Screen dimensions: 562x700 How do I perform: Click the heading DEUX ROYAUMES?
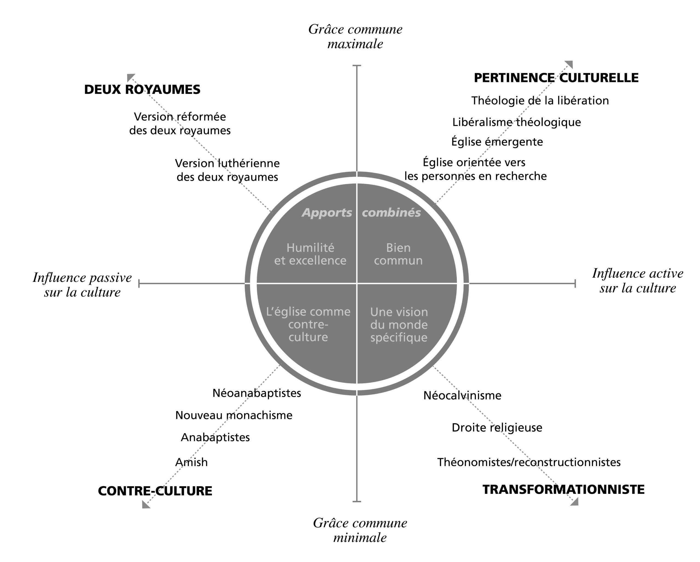click(142, 90)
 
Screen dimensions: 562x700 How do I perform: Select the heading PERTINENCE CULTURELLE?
click(556, 78)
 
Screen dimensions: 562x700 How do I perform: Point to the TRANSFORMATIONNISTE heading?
click(563, 490)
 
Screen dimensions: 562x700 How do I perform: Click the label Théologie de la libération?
click(540, 101)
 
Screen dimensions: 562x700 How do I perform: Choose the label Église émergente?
click(497, 142)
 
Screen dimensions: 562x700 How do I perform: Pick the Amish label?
click(191, 462)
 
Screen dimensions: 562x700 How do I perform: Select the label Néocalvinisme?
click(462, 396)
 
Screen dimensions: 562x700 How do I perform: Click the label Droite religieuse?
click(497, 428)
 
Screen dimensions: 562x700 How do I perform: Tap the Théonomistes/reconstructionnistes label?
click(529, 462)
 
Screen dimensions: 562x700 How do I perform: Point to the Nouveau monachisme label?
click(234, 415)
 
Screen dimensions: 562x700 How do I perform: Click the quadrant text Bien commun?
click(398, 254)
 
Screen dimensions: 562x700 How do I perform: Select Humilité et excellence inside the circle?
click(310, 254)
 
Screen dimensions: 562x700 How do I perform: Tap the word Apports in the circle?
click(327, 213)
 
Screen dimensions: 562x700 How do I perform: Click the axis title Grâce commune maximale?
click(355, 36)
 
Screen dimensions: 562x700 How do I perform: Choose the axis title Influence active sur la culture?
click(637, 281)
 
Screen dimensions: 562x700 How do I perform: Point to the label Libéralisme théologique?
click(516, 122)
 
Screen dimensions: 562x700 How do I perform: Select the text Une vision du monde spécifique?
click(399, 325)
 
